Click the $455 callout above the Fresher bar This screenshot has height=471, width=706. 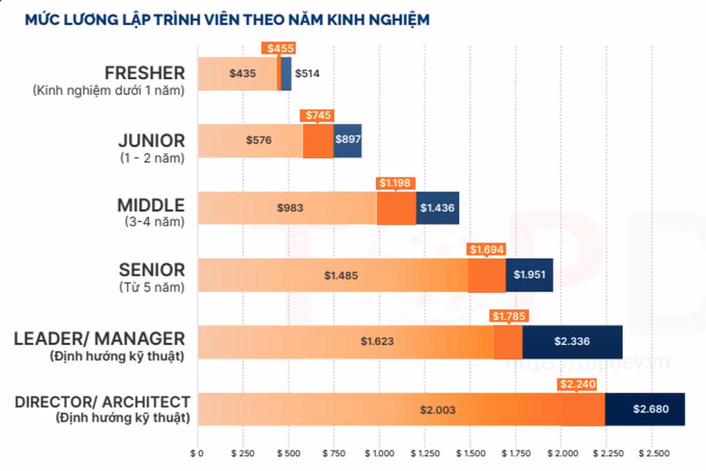279,48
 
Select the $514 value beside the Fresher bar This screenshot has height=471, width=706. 307,73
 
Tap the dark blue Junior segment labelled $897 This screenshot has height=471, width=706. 347,140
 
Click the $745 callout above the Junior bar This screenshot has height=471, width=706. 318,115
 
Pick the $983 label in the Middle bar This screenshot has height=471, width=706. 290,207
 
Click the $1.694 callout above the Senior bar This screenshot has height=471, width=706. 487,249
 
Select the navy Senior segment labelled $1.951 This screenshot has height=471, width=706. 529,274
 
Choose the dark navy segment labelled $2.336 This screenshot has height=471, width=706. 572,341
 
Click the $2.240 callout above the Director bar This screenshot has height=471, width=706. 577,384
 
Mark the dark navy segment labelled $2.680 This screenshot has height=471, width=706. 650,409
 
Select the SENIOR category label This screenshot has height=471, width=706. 151,269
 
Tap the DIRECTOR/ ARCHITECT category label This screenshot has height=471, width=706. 102,402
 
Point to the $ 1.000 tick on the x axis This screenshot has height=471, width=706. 379,454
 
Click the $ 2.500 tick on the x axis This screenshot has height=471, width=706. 653,454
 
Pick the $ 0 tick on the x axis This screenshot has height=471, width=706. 198,454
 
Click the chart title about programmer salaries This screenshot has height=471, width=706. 227,19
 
